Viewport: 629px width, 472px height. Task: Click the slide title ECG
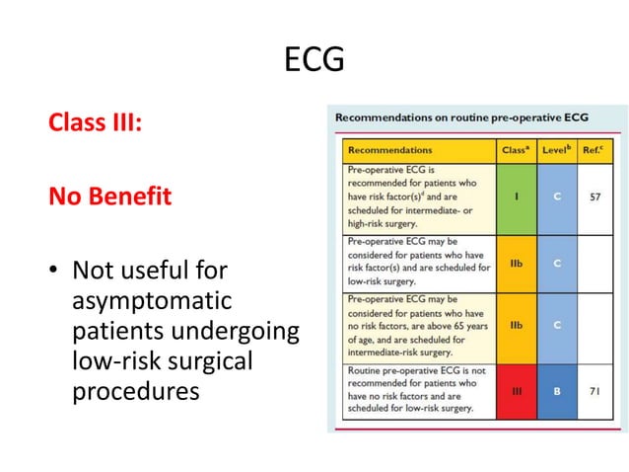(x=314, y=61)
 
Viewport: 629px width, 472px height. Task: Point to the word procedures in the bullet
(x=135, y=392)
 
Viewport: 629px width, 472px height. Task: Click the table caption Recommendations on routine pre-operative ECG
(x=461, y=118)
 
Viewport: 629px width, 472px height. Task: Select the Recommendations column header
(x=391, y=151)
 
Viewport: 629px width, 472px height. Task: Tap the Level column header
(x=559, y=151)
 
